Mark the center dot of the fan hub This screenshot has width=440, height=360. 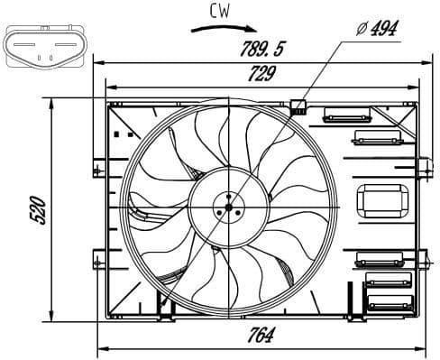click(x=229, y=208)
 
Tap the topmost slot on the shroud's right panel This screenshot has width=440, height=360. click(x=340, y=114)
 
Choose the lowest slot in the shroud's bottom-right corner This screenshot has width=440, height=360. click(x=389, y=304)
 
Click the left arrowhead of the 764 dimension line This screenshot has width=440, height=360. click(x=100, y=348)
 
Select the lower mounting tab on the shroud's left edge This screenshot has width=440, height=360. click(x=96, y=261)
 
